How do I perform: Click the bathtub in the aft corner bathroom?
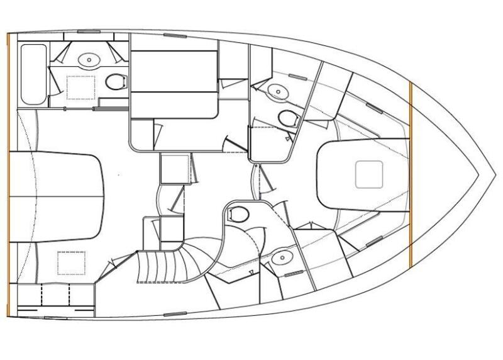point(33,74)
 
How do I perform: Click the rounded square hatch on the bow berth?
point(369,174)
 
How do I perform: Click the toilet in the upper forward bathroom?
point(288,118)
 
